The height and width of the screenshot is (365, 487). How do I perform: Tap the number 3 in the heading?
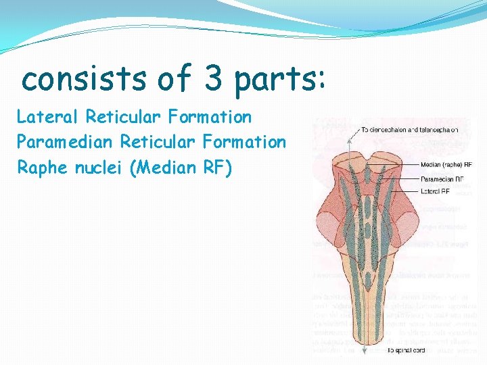pyautogui.click(x=212, y=80)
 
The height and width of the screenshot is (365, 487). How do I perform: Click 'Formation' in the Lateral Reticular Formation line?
pyautogui.click(x=210, y=117)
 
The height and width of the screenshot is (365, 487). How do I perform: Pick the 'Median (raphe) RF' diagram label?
pyautogui.click(x=446, y=164)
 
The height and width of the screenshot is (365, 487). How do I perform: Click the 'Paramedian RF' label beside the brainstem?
pyautogui.click(x=442, y=180)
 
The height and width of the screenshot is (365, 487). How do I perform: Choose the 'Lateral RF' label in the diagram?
pyautogui.click(x=436, y=191)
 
